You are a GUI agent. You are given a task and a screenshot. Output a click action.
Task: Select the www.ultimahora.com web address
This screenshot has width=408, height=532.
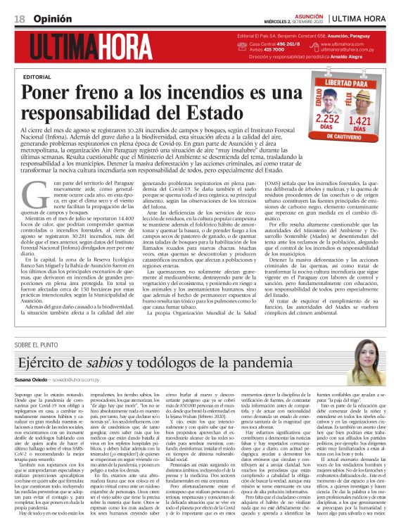[x=343, y=44]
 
